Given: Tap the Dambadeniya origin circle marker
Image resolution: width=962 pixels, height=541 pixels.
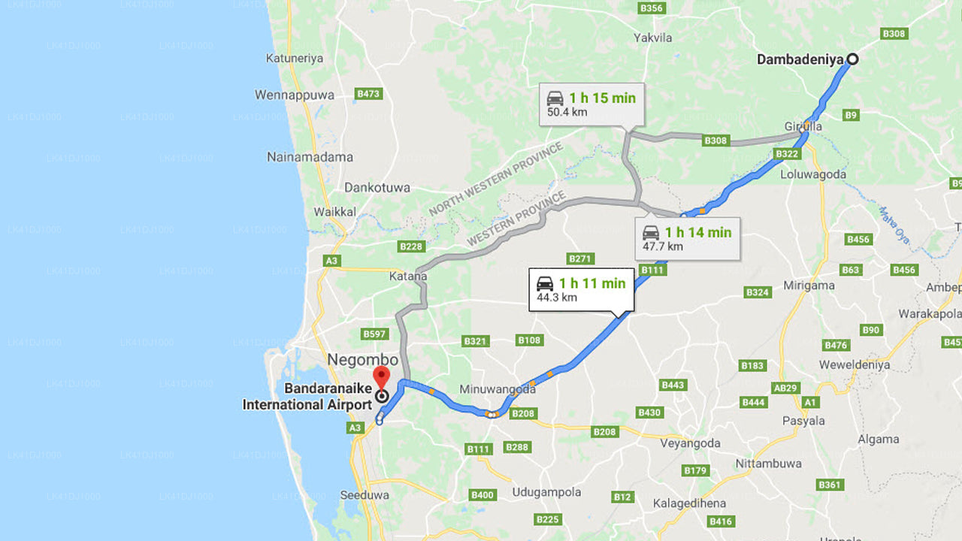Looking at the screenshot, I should coord(852,59).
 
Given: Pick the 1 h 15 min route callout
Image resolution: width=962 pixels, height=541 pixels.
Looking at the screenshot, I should coord(591,104).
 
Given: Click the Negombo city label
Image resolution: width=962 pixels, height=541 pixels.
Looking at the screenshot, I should coord(362,360).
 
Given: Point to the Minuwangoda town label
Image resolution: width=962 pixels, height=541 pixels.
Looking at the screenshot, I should coord(498,389).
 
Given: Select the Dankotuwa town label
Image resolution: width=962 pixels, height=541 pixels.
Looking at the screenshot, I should coord(377,187).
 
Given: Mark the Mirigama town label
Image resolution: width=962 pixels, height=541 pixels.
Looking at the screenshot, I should coord(809,286).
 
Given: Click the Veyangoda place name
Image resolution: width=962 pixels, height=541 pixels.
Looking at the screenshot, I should coord(690,443).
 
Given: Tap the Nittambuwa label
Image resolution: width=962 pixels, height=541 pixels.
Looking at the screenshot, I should coord(768,464).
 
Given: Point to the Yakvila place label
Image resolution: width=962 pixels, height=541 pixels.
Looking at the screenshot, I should coord(652,37).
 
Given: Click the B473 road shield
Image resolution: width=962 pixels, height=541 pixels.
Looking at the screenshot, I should coord(368,94).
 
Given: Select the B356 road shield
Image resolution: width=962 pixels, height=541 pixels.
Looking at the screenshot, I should coord(651,8).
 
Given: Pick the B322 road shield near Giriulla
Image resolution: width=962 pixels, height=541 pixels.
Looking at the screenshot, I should coord(787,154).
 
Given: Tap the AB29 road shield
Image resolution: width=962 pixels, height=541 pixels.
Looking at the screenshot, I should coord(786,388).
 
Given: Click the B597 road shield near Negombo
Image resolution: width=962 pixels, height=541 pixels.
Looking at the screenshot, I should coord(374,334).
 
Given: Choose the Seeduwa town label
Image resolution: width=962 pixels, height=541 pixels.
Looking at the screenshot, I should coord(365,495).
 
